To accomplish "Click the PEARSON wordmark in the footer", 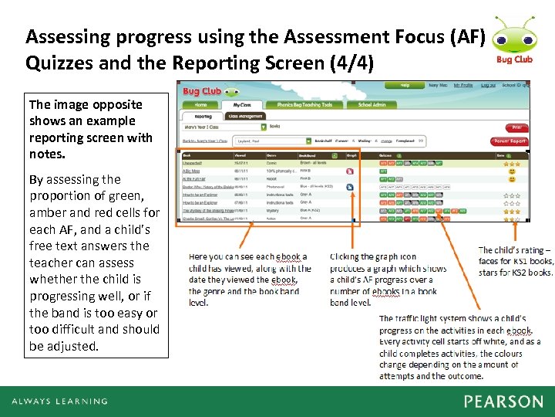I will (503, 402).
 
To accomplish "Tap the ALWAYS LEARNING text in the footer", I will (59, 402).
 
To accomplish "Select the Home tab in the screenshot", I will (200, 105).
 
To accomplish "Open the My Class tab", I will (242, 105).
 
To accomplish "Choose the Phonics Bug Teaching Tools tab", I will (304, 105).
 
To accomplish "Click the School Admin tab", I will (372, 105).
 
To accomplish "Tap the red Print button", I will (516, 127).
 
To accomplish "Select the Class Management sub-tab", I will (247, 116).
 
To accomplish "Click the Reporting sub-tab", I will (203, 116).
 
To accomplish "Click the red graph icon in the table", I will (350, 171).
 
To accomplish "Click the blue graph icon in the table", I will (350, 187).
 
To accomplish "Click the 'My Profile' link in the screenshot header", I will (463, 85).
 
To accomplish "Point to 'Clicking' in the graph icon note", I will (349, 257).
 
